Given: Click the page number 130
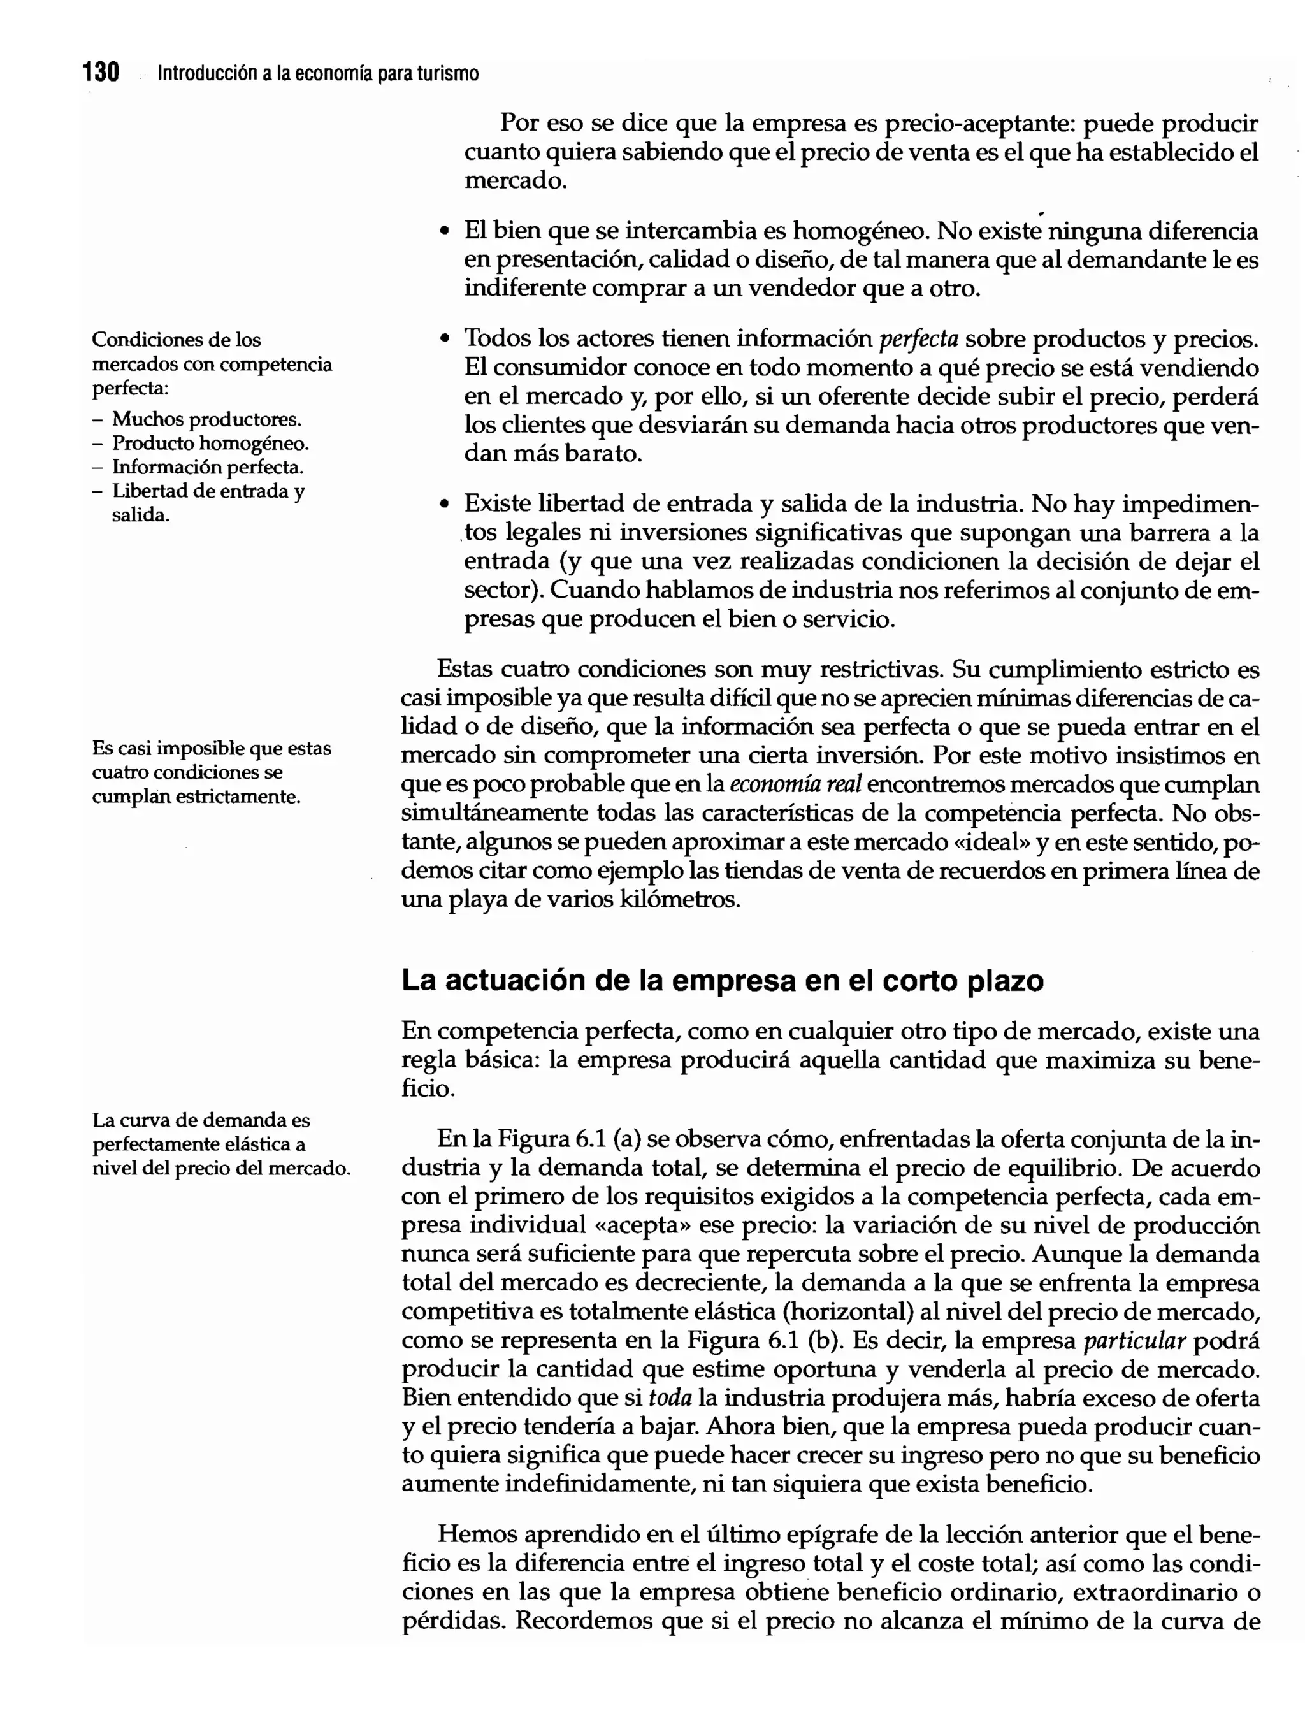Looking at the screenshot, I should tap(101, 73).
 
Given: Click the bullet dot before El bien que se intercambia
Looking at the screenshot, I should tap(444, 232).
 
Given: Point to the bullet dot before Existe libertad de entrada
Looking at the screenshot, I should tap(444, 505).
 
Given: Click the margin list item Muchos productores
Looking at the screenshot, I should tap(206, 419).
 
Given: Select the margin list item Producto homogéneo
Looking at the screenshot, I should tap(210, 444).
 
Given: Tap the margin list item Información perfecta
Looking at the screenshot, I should tap(207, 468).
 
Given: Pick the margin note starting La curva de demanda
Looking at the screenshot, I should tap(220, 1144).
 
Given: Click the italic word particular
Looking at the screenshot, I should tap(1134, 1341).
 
